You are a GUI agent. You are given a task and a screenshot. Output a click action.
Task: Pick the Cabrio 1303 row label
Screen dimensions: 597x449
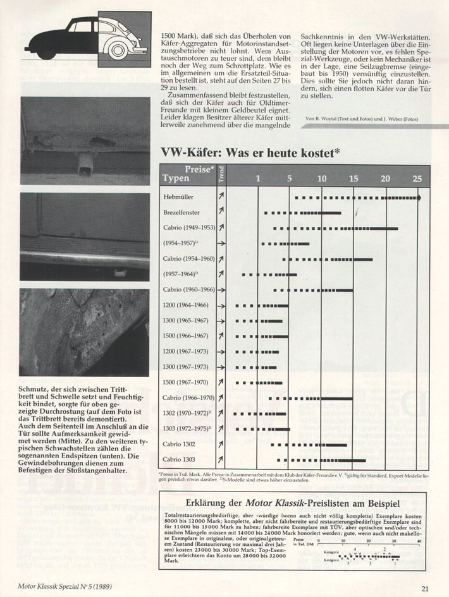point(180,459)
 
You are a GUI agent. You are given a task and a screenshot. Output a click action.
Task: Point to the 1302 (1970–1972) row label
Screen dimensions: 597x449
point(187,413)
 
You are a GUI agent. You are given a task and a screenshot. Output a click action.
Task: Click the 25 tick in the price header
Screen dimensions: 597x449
point(417,178)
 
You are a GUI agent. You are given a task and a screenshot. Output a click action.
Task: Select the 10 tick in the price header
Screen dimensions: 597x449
point(321,178)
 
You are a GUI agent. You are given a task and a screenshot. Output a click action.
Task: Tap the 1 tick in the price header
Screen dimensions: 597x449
point(257,178)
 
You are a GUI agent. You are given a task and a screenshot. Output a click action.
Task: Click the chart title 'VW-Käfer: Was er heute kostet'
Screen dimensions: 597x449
point(250,152)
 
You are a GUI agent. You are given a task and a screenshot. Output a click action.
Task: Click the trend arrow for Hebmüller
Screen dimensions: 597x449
point(221,198)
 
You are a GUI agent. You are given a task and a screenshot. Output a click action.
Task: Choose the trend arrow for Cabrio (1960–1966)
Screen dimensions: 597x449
point(221,290)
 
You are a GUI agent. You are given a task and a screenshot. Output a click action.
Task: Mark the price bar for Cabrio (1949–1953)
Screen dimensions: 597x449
point(335,228)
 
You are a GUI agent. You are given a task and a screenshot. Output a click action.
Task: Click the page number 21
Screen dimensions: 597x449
point(425,588)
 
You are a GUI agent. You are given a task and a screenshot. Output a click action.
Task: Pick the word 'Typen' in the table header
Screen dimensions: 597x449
point(176,179)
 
